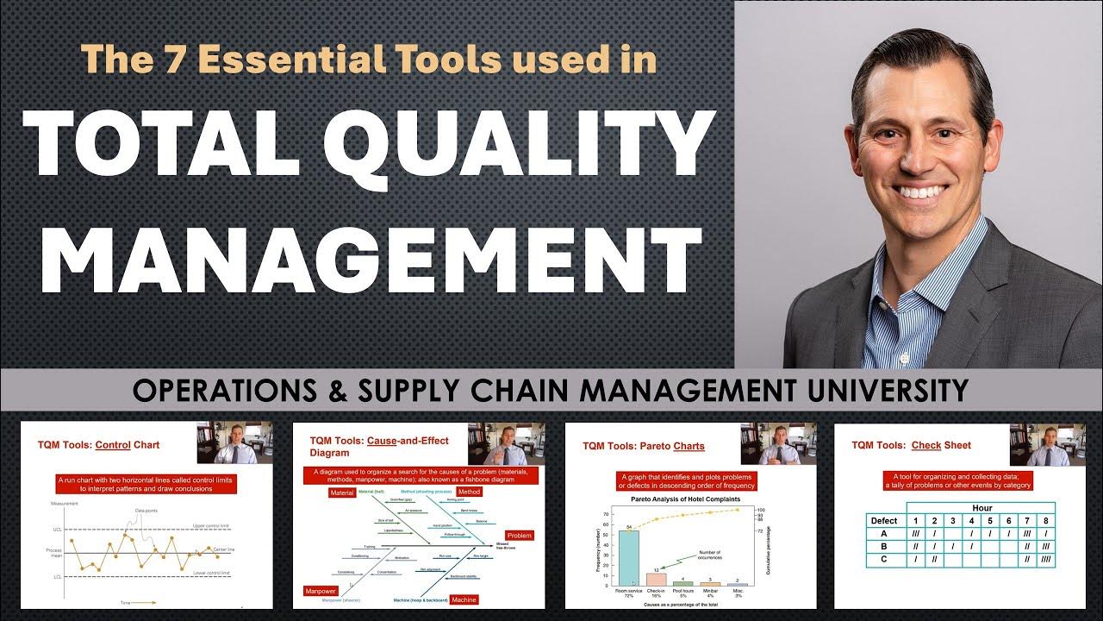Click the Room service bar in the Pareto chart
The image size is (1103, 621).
pyautogui.click(x=628, y=557)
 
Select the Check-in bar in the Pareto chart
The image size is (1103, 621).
pyautogui.click(x=656, y=580)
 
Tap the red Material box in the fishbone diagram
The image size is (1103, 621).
pyautogui.click(x=343, y=492)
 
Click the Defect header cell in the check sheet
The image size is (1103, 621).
pyautogui.click(x=884, y=521)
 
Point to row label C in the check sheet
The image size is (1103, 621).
pyautogui.click(x=884, y=558)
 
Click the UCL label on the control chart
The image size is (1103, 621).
pyautogui.click(x=58, y=529)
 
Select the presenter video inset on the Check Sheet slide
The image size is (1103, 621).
pyautogui.click(x=1047, y=444)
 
